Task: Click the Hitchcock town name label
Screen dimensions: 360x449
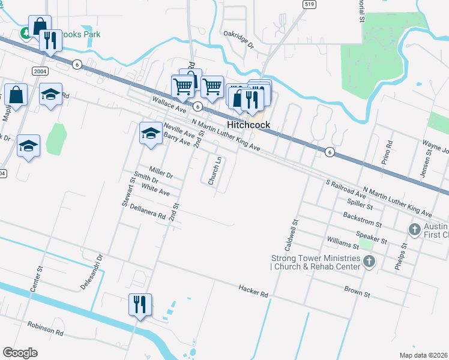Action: (x=248, y=125)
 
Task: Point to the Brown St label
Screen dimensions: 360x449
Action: (x=358, y=292)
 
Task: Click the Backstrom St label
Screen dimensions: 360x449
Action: (x=362, y=218)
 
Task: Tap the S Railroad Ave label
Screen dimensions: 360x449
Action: (x=346, y=188)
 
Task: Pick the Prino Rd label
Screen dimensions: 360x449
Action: (x=389, y=153)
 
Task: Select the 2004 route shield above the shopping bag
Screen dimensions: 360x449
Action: (x=40, y=71)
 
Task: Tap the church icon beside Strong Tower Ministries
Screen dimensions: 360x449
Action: (x=369, y=261)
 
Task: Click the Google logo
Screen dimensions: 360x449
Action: (x=20, y=353)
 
